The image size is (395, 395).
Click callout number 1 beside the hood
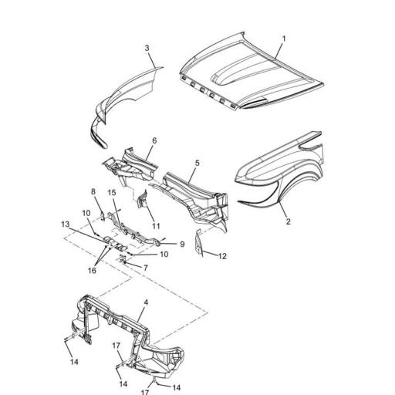[x=283, y=38]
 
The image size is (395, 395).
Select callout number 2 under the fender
[x=288, y=221]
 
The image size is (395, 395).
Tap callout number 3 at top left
[x=147, y=49]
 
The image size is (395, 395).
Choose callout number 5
[x=197, y=164]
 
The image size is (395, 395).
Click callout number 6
[x=154, y=141]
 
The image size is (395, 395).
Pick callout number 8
[x=95, y=192]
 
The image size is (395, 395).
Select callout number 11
[x=156, y=226]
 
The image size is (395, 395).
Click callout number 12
[x=222, y=255]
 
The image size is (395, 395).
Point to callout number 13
[x=65, y=225]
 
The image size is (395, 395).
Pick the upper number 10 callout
[x=86, y=213]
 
